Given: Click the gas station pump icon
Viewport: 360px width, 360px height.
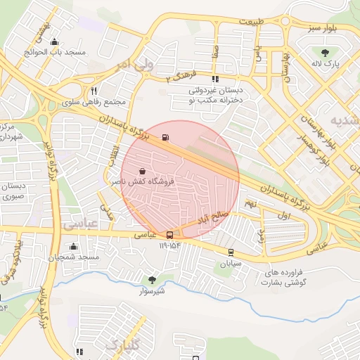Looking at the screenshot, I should (165, 137).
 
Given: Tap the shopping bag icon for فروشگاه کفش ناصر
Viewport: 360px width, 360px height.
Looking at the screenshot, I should (143, 171).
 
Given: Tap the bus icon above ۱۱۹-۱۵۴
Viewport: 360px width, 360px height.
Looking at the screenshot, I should (170, 235).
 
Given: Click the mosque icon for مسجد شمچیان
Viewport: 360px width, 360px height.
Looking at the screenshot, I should (74, 247).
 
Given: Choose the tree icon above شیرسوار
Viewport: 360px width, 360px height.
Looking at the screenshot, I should (152, 281).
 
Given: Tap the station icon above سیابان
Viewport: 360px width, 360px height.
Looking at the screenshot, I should (231, 252).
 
